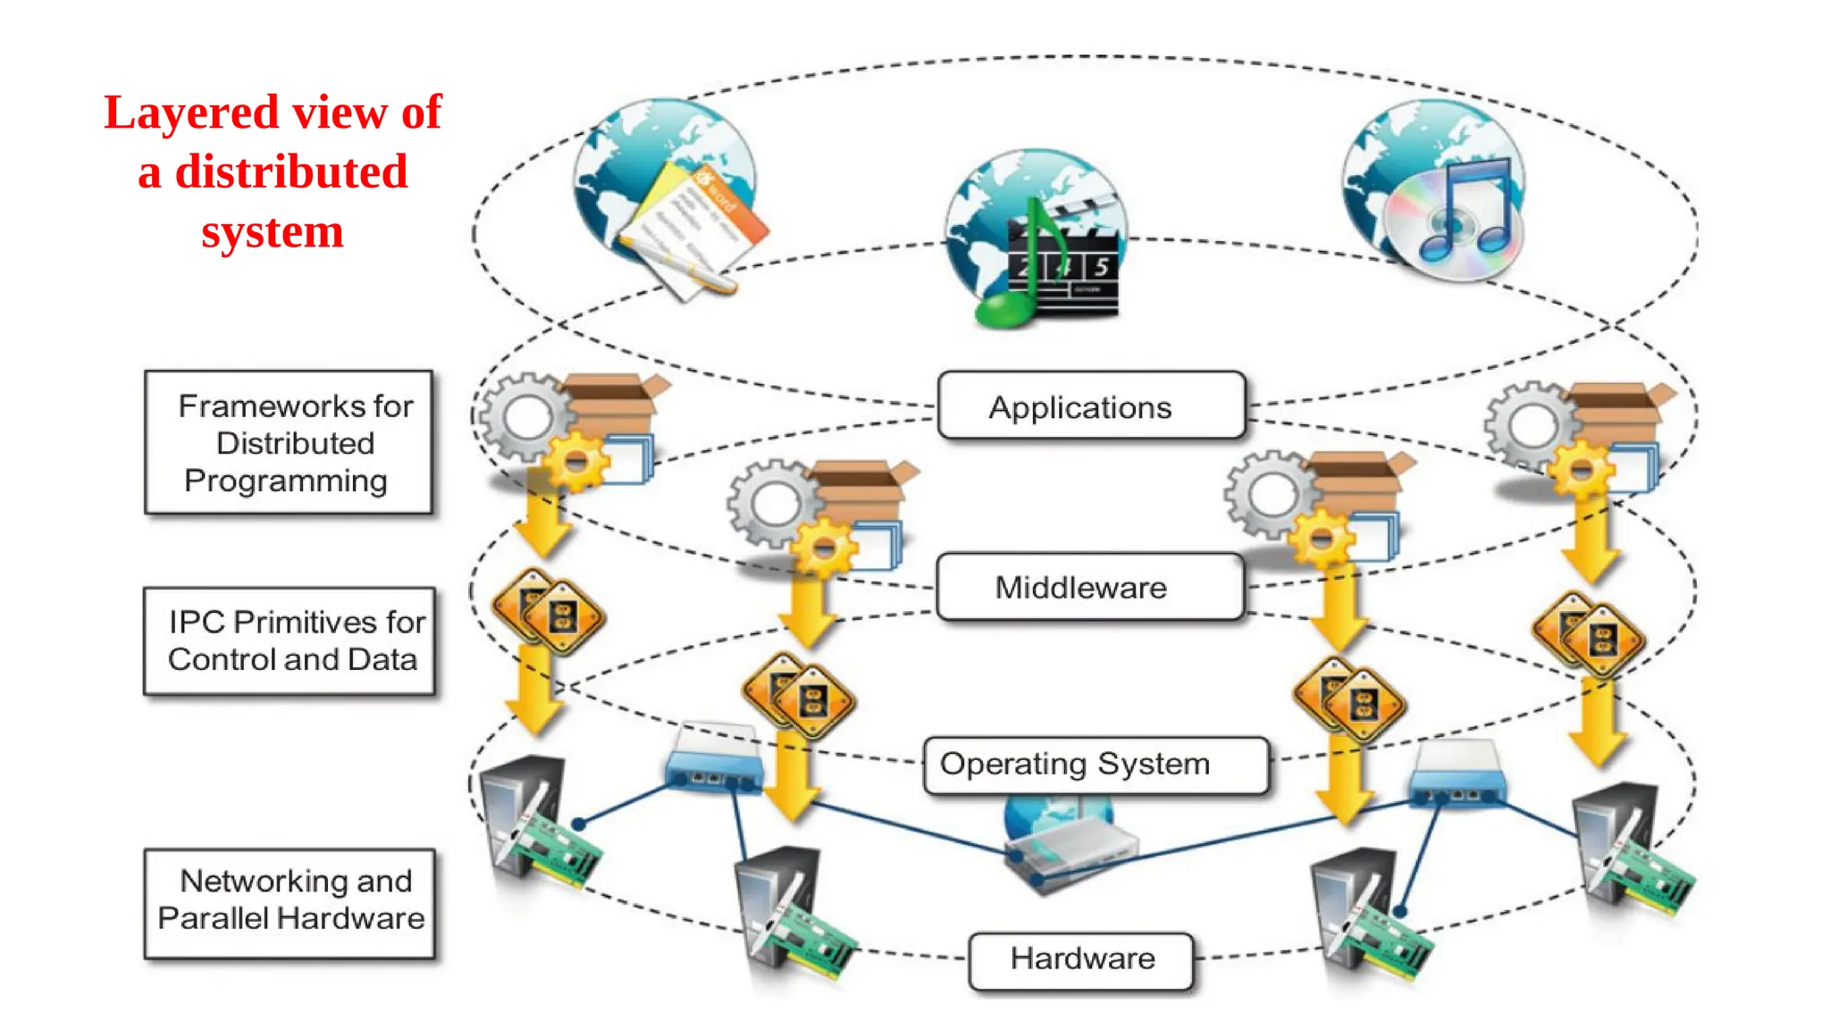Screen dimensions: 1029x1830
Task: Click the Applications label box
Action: click(x=1090, y=406)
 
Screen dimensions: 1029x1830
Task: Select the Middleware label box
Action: click(x=1088, y=587)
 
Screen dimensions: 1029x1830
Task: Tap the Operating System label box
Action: click(x=1095, y=765)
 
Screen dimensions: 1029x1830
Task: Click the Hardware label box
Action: click(x=1081, y=959)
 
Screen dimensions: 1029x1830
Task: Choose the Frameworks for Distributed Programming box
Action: click(x=289, y=442)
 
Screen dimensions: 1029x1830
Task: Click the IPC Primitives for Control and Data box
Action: click(x=289, y=640)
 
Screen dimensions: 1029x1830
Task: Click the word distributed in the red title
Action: click(x=291, y=171)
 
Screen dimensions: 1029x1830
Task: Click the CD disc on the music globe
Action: click(x=1448, y=223)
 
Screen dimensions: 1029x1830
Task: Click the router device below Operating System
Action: click(x=1068, y=849)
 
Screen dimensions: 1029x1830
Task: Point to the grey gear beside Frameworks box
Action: click(x=525, y=417)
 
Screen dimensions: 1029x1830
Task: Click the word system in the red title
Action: click(x=272, y=232)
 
